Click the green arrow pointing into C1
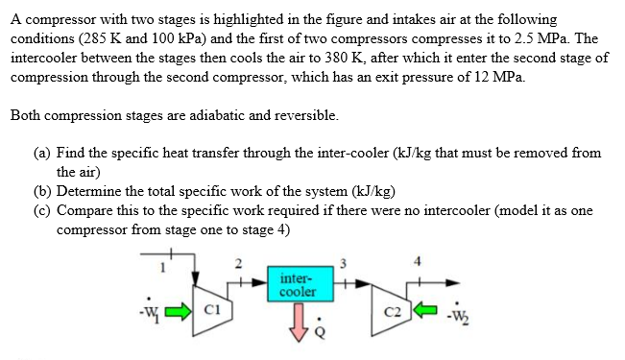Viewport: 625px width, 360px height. (x=180, y=311)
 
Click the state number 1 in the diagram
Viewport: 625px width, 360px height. (x=163, y=268)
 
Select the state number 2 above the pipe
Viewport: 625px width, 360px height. (x=238, y=265)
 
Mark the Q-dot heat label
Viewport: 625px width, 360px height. (x=321, y=331)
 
